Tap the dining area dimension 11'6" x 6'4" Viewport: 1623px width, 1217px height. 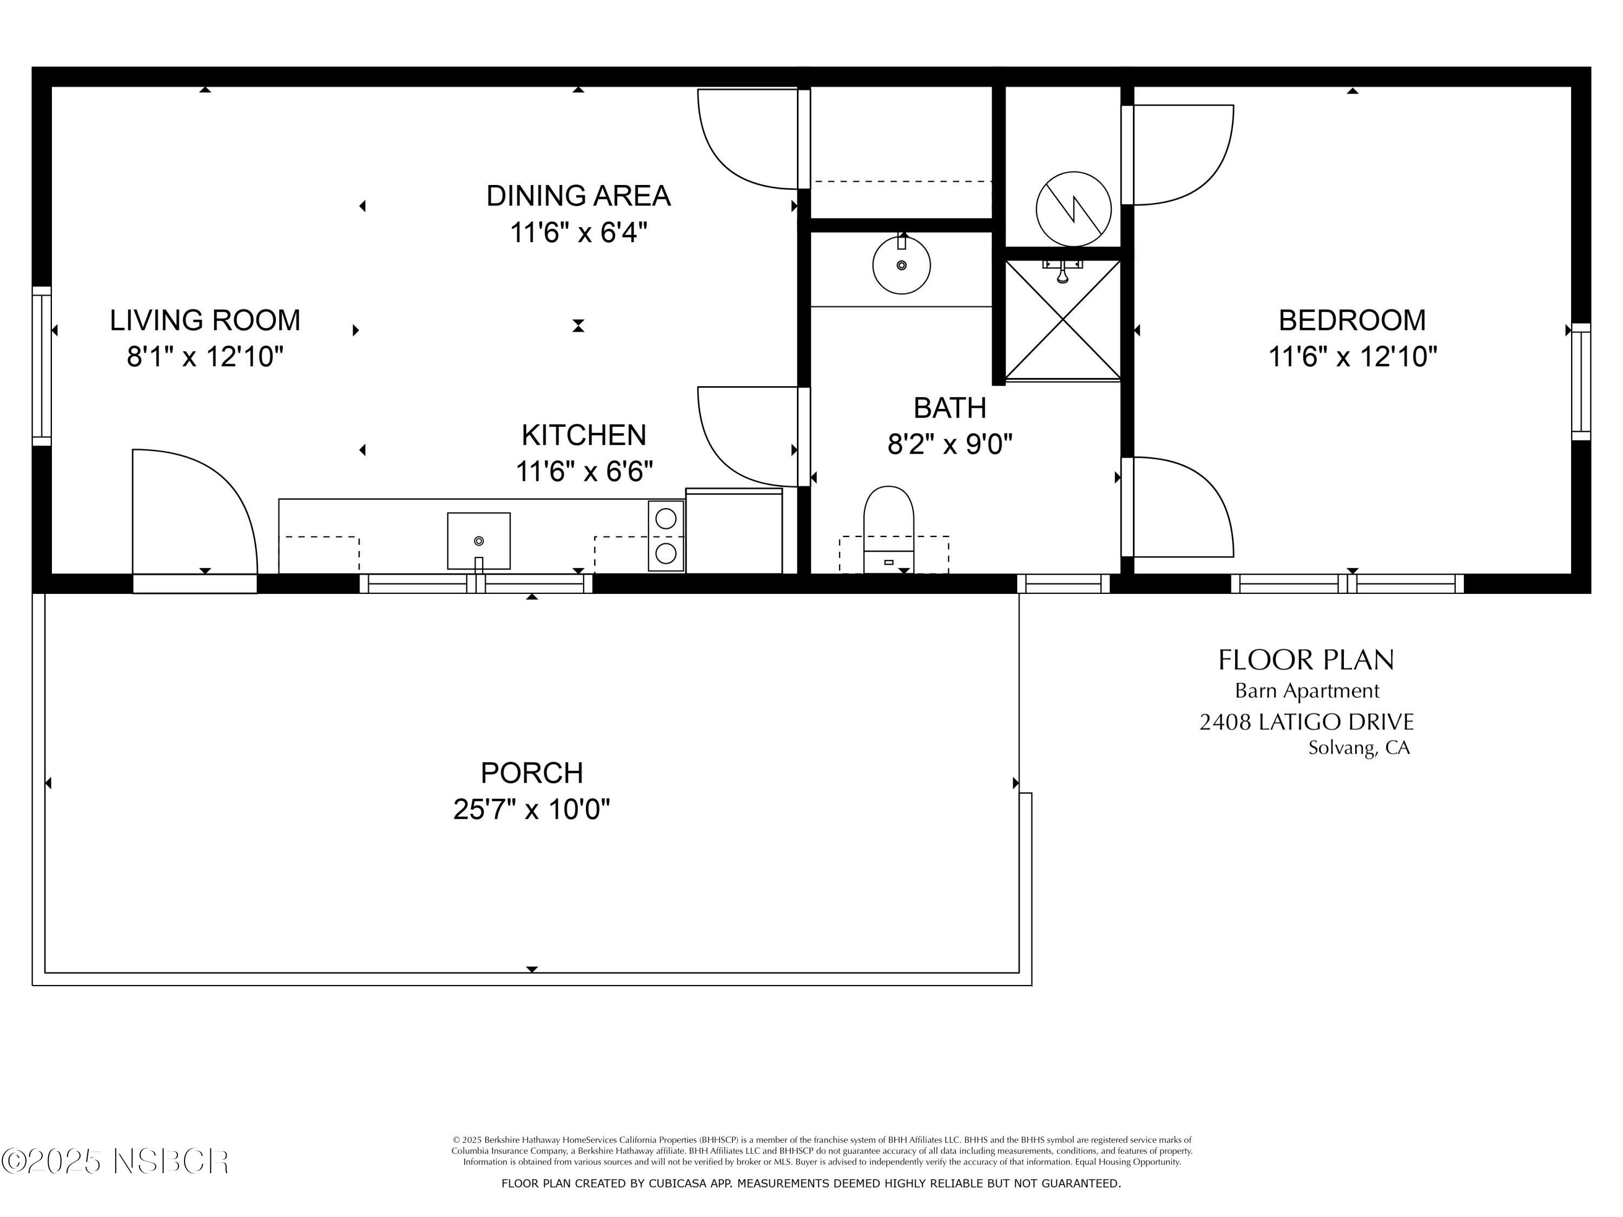pyautogui.click(x=578, y=233)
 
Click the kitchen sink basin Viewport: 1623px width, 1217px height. pyautogui.click(x=478, y=541)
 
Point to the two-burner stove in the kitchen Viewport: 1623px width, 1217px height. pyautogui.click(x=665, y=535)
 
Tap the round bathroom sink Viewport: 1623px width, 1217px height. pyautogui.click(x=901, y=265)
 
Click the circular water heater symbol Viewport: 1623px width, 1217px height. pyautogui.click(x=1073, y=209)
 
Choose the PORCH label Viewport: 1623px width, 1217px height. pyautogui.click(x=531, y=773)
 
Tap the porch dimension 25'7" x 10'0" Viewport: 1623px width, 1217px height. pyautogui.click(x=531, y=810)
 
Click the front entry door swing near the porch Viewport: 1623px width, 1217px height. pyautogui.click(x=194, y=513)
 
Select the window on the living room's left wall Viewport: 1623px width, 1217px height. pyautogui.click(x=42, y=365)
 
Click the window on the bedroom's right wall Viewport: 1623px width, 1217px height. pyautogui.click(x=1580, y=381)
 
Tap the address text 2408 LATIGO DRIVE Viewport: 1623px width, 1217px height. pyautogui.click(x=1306, y=723)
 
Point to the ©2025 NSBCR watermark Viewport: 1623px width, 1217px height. pyautogui.click(x=115, y=1161)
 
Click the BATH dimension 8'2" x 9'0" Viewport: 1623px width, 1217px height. pyautogui.click(x=949, y=445)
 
